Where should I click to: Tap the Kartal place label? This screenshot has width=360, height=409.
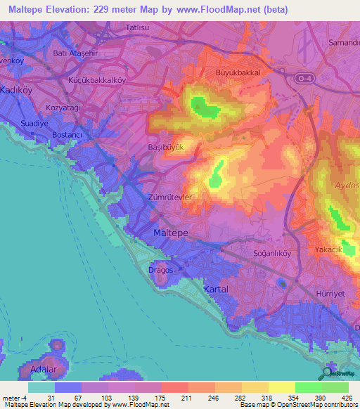pyautogui.click(x=215, y=289)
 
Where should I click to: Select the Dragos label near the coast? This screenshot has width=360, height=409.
pyautogui.click(x=160, y=268)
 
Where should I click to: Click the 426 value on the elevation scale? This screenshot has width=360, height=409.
pyautogui.click(x=347, y=398)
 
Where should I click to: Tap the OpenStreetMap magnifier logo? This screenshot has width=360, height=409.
pyautogui.click(x=327, y=374)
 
